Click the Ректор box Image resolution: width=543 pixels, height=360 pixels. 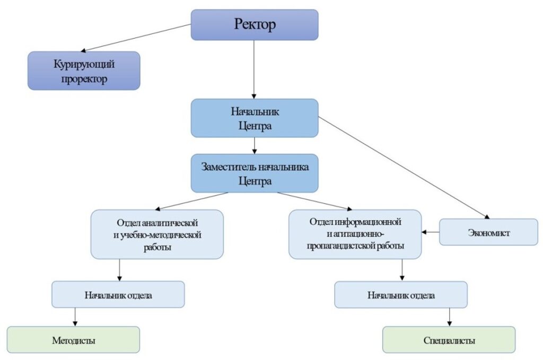(x=255, y=24)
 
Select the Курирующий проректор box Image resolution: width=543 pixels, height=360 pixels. (x=84, y=71)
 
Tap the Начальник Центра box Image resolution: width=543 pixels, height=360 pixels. (x=255, y=118)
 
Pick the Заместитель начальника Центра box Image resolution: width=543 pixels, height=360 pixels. (x=255, y=173)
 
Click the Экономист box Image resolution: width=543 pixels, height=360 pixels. (x=488, y=232)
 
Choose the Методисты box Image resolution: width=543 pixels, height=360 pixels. (x=73, y=339)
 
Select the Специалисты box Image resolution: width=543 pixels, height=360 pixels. (x=449, y=339)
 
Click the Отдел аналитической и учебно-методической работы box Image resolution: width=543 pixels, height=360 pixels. (x=157, y=234)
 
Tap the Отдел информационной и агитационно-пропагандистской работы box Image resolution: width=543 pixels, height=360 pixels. (x=355, y=234)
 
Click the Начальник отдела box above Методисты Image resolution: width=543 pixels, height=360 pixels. (x=118, y=295)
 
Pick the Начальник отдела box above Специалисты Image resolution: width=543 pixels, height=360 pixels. (x=400, y=295)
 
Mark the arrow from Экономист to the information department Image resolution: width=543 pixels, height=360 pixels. (x=431, y=232)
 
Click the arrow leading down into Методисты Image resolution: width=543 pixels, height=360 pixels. (x=75, y=317)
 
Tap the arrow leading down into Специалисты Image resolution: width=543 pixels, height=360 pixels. (x=450, y=317)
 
